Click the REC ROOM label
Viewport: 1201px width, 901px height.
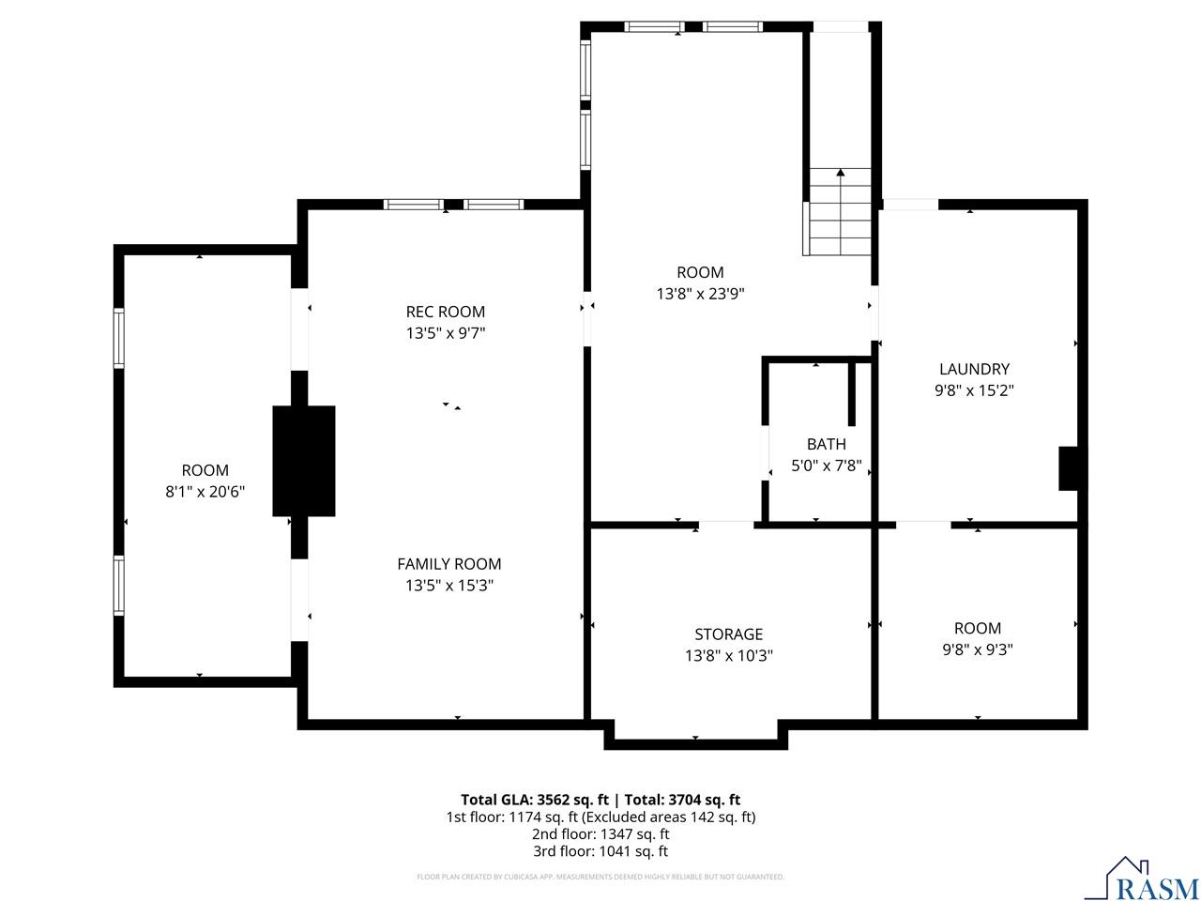coord(445,312)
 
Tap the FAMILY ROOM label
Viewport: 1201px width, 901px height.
coord(448,564)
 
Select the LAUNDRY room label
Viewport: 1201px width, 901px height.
coord(974,370)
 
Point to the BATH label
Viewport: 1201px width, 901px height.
coord(826,444)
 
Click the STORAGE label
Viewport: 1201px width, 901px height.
coord(728,634)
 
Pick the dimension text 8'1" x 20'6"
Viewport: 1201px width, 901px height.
coord(205,492)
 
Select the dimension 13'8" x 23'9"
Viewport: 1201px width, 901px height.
coord(700,294)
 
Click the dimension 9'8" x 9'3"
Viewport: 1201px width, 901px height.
coord(977,649)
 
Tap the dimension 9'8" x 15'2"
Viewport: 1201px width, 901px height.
coord(974,391)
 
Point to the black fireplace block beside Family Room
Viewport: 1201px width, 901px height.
coord(303,461)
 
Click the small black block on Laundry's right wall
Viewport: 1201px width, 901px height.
coord(1068,468)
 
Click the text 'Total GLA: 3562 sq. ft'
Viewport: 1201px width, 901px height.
coord(536,800)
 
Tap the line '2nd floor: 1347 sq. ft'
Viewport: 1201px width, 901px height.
coord(600,834)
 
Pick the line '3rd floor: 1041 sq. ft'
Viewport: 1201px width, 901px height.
coord(600,852)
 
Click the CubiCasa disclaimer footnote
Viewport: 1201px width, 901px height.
coord(600,878)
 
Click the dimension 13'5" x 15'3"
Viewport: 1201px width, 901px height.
coord(448,586)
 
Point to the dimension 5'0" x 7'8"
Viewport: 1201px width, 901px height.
coord(826,466)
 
